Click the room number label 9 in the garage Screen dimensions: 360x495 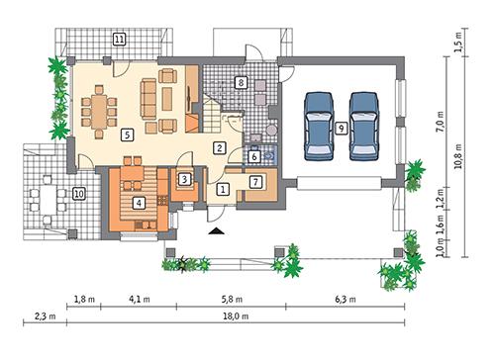340,127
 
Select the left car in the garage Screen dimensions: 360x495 319,125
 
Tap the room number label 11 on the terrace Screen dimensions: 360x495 119,40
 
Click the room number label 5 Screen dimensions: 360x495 127,134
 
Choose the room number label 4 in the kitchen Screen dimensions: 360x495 140,203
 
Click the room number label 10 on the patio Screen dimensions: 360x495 78,195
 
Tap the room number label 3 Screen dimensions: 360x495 184,179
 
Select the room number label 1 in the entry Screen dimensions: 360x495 224,188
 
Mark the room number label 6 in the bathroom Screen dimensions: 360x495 253,156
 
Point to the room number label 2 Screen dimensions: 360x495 221,148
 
